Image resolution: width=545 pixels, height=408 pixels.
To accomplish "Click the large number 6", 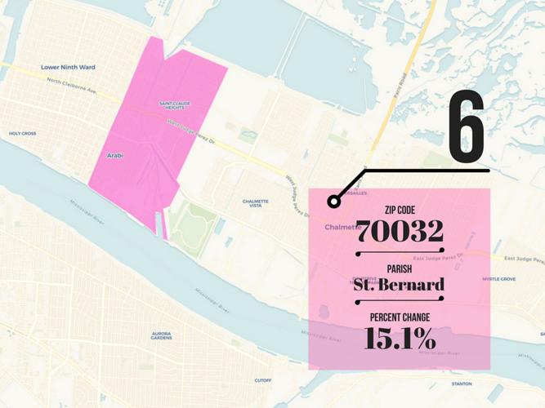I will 467,127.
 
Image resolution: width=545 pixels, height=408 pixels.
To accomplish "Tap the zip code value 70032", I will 400,232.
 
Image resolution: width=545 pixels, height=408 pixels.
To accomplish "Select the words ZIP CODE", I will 400,210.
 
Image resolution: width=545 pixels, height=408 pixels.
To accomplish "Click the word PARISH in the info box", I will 400,268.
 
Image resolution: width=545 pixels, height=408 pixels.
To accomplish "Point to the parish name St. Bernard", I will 399,285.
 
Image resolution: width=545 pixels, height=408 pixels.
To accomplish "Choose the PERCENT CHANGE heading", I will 400,317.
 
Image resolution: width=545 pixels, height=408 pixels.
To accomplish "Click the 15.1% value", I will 400,337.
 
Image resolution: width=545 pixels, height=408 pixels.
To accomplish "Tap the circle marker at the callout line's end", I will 333,202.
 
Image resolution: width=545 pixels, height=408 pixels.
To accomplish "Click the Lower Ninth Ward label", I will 68,67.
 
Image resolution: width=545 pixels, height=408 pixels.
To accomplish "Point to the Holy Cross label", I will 22,133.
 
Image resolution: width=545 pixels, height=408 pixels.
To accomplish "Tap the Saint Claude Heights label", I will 176,105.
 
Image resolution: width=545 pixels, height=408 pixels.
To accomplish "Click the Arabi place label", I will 115,155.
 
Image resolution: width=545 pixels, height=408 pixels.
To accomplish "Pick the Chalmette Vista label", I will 255,203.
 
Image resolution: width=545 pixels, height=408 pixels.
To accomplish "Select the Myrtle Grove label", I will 498,279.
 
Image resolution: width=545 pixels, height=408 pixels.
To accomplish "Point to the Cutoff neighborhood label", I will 263,380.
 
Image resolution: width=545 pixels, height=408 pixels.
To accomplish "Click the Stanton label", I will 462,384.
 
